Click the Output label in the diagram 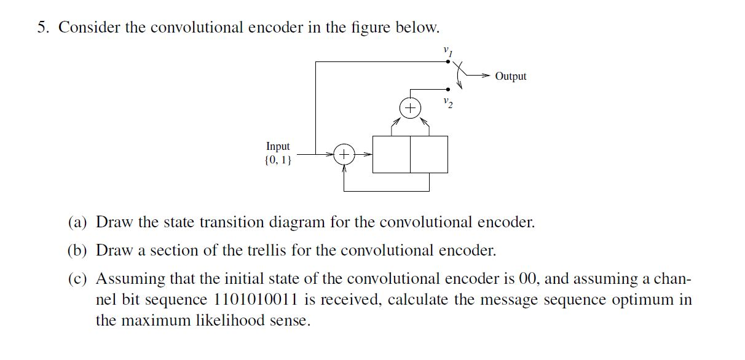pos(510,76)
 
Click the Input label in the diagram pos(278,146)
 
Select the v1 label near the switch pos(448,51)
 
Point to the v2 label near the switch pos(448,102)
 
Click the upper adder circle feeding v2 pos(410,109)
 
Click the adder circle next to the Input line pos(344,154)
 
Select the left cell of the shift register pos(391,154)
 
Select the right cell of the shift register pos(429,154)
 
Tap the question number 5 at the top pos(41,28)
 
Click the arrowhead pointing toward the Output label pos(487,76)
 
